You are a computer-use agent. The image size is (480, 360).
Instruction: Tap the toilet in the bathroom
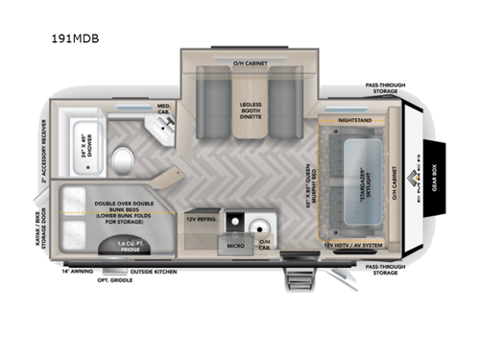(122, 158)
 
